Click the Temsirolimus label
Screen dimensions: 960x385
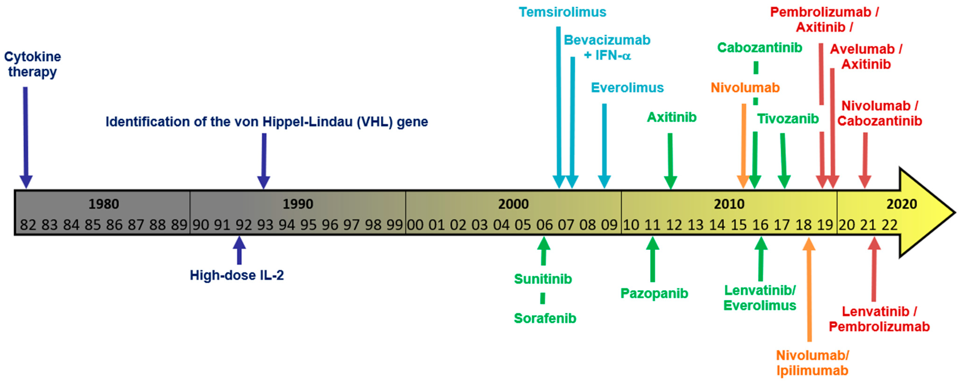pos(562,12)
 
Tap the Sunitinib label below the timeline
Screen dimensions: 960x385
pos(543,279)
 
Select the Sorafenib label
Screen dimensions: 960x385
pos(545,318)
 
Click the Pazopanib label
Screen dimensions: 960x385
pos(654,293)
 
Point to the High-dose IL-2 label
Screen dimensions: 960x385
pos(237,275)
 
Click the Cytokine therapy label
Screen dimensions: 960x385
pos(32,64)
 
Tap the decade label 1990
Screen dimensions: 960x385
pos(298,204)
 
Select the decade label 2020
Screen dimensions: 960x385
pos(901,204)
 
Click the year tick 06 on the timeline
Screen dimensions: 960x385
pos(544,225)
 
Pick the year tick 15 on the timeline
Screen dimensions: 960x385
pos(738,225)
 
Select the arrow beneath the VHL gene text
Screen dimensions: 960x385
pos(264,160)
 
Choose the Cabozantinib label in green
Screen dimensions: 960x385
pos(759,48)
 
